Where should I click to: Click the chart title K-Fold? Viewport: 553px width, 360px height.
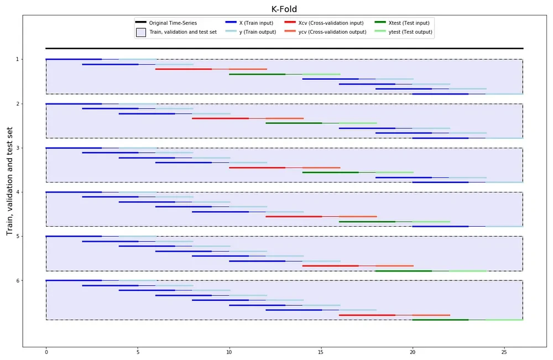click(x=284, y=8)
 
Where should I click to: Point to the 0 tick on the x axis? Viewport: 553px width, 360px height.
click(x=46, y=351)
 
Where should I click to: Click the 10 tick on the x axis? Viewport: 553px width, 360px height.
click(x=229, y=351)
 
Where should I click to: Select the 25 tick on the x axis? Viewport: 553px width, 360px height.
click(x=504, y=351)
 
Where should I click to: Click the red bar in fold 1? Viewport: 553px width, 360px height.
click(x=183, y=69)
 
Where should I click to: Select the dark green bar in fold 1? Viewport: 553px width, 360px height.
click(x=257, y=74)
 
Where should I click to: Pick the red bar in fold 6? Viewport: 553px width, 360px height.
click(x=367, y=315)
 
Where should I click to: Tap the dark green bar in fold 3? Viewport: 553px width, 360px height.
click(x=330, y=173)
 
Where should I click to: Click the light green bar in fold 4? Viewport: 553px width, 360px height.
click(x=431, y=222)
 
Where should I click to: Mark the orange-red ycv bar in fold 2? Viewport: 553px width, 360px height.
click(x=284, y=118)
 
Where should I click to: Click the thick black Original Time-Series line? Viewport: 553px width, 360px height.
click(x=284, y=49)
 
